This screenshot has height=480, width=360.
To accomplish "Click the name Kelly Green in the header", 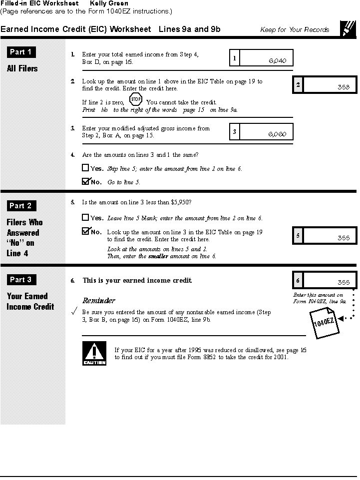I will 109,3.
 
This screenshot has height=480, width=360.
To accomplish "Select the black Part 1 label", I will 21,52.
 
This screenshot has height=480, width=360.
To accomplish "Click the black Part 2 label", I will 21,205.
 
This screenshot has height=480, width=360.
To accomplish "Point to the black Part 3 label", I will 21,280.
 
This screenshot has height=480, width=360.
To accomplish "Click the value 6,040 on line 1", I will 277,61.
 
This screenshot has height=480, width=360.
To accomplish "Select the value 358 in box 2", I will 344,87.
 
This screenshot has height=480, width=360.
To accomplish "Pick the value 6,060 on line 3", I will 277,134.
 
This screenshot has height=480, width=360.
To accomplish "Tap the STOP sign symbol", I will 136,99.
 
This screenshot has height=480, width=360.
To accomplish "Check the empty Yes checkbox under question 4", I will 85,168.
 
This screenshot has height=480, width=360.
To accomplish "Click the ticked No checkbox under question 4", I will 85,181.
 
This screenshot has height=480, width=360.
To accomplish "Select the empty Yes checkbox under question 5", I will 85,218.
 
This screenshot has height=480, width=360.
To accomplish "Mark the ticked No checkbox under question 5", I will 85,231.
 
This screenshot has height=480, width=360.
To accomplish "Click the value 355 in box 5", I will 344,238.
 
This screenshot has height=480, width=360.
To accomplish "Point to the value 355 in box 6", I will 344,282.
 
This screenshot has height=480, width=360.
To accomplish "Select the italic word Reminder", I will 99,301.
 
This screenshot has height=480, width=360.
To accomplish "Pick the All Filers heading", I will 22,68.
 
